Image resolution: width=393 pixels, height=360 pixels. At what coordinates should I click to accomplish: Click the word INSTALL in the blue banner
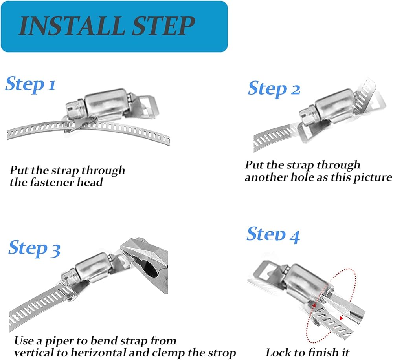72,26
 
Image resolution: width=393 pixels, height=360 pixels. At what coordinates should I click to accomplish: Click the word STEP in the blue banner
163,26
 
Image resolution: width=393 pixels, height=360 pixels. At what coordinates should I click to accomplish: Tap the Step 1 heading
30,85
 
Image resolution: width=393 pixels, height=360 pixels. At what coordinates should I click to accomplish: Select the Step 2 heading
274,89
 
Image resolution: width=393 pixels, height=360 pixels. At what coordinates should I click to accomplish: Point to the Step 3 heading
34,249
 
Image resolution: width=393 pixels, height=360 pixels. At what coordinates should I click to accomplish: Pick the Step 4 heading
273,234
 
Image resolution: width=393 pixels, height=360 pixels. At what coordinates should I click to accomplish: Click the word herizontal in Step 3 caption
95,353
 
